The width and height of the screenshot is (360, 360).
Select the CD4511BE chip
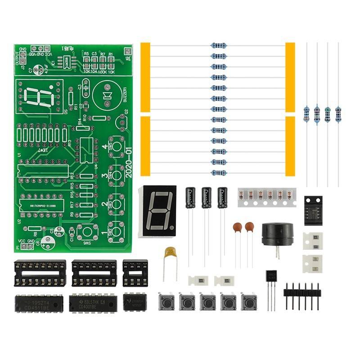point(39,301)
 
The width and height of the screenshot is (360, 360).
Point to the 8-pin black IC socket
point(135,273)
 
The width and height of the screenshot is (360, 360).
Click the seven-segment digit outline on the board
point(38,96)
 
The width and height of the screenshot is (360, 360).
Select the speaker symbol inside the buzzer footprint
point(108,96)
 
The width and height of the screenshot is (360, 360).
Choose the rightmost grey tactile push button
point(249,301)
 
